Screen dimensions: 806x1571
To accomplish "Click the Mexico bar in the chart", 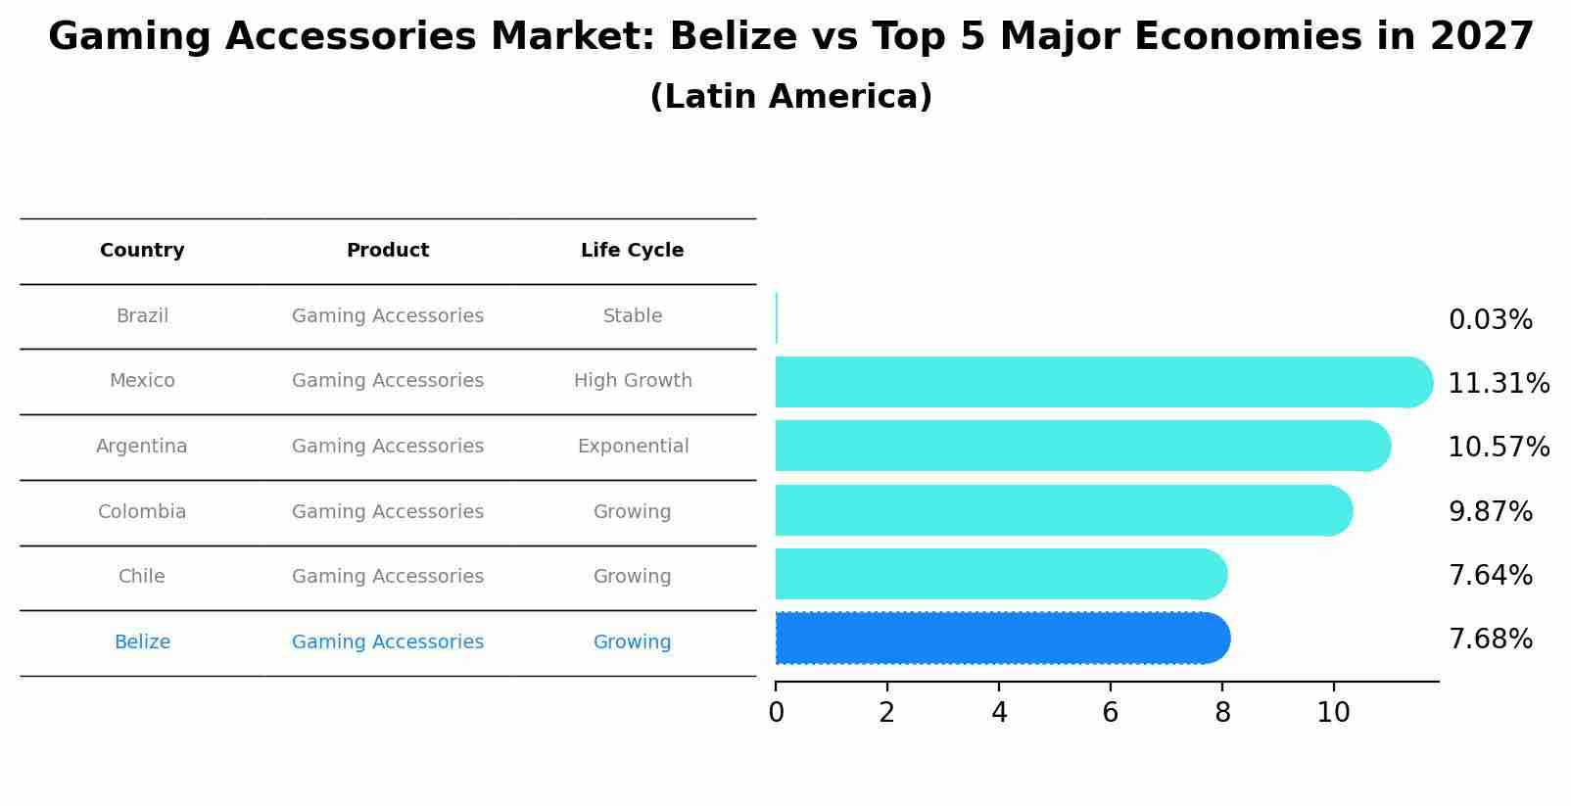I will pyautogui.click(x=1097, y=382).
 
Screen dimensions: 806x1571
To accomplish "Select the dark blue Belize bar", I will pyautogui.click(x=999, y=639).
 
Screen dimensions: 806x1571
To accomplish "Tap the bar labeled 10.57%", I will pyautogui.click(x=1077, y=446).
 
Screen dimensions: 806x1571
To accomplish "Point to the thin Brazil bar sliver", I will pyautogui.click(x=777, y=317).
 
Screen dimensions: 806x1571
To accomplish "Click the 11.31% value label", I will pyautogui.click(x=1498, y=384).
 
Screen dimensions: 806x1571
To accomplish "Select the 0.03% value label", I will pyautogui.click(x=1490, y=320).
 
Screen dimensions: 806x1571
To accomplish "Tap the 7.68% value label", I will pyautogui.click(x=1490, y=640).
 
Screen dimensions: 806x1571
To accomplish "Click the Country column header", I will pyautogui.click(x=142, y=251).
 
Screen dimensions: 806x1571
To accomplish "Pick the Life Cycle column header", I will pyautogui.click(x=632, y=251).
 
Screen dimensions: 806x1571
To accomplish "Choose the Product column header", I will pyautogui.click(x=388, y=251).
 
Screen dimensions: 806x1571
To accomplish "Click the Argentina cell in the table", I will pyautogui.click(x=142, y=447).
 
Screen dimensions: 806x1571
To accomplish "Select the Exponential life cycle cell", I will pyautogui.click(x=633, y=447).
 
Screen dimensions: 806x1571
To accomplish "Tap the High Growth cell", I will pyautogui.click(x=633, y=381).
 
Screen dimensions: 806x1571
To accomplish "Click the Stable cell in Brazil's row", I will pyautogui.click(x=633, y=316).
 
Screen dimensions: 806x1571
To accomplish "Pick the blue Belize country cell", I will pyautogui.click(x=142, y=642).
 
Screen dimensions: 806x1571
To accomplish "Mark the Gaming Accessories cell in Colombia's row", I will pyautogui.click(x=388, y=512).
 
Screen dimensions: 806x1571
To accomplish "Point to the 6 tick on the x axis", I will pyautogui.click(x=1110, y=712).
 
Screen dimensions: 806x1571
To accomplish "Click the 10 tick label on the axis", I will pyautogui.click(x=1333, y=712).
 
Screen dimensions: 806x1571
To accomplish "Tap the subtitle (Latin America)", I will pyautogui.click(x=790, y=97).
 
